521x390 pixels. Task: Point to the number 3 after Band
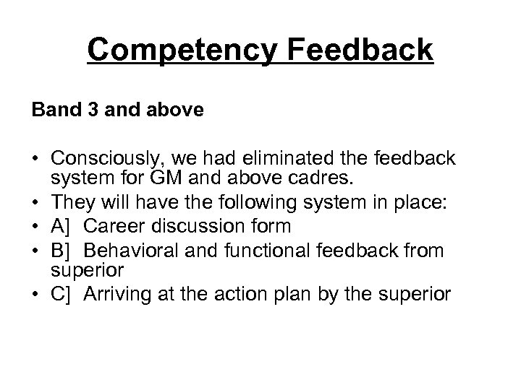87,112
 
